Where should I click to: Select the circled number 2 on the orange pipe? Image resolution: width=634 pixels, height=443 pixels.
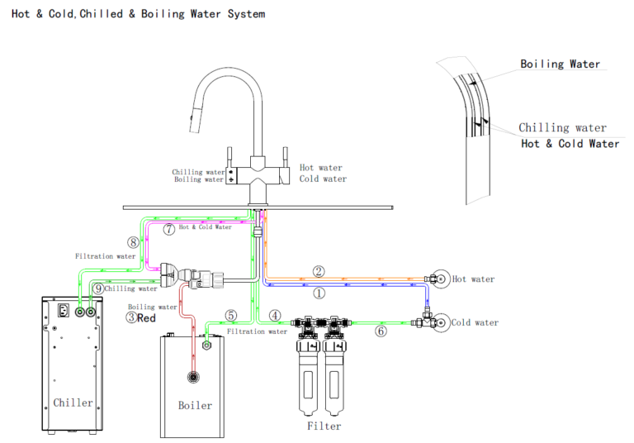(x=319, y=270)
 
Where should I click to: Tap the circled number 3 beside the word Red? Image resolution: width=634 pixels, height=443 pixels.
(x=131, y=317)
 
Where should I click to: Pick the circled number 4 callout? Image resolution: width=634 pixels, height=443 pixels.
(x=276, y=315)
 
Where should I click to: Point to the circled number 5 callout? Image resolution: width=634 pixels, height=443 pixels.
(x=230, y=315)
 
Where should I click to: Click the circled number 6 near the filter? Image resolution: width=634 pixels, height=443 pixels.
(x=381, y=331)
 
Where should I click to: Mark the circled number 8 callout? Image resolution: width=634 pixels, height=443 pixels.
(x=133, y=242)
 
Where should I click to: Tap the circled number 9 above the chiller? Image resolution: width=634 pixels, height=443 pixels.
(x=98, y=288)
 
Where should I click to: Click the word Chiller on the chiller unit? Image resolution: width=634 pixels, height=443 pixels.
(x=73, y=403)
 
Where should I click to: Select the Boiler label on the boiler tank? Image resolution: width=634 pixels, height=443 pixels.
(x=195, y=405)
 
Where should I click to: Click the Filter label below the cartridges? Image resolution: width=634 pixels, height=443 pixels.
(x=324, y=426)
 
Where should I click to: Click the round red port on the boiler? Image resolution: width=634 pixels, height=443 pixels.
(x=193, y=377)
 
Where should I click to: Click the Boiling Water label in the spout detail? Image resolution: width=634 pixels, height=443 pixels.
(x=560, y=64)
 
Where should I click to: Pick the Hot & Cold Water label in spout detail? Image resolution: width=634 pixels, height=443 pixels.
(x=570, y=144)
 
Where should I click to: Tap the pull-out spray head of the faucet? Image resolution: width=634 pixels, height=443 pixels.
(x=195, y=125)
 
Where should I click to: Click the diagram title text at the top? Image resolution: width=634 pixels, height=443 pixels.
(x=139, y=14)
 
